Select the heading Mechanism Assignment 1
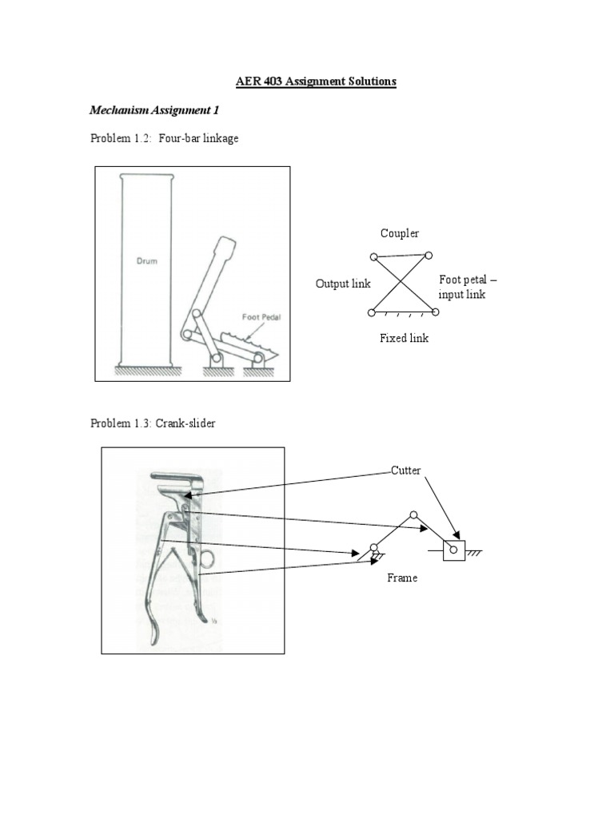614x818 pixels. point(154,109)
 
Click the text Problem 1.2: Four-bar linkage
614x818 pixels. point(165,138)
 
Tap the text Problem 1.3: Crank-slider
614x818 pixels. point(153,423)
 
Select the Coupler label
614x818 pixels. point(400,233)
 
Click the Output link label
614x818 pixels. point(343,284)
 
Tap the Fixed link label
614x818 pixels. point(404,338)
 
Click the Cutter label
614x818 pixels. point(405,471)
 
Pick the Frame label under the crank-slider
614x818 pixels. point(402,578)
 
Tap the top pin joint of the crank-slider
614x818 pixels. point(413,515)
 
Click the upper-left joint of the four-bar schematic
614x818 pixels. point(373,257)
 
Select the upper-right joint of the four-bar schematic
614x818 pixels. point(429,256)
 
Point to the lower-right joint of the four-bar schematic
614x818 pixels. point(434,312)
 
